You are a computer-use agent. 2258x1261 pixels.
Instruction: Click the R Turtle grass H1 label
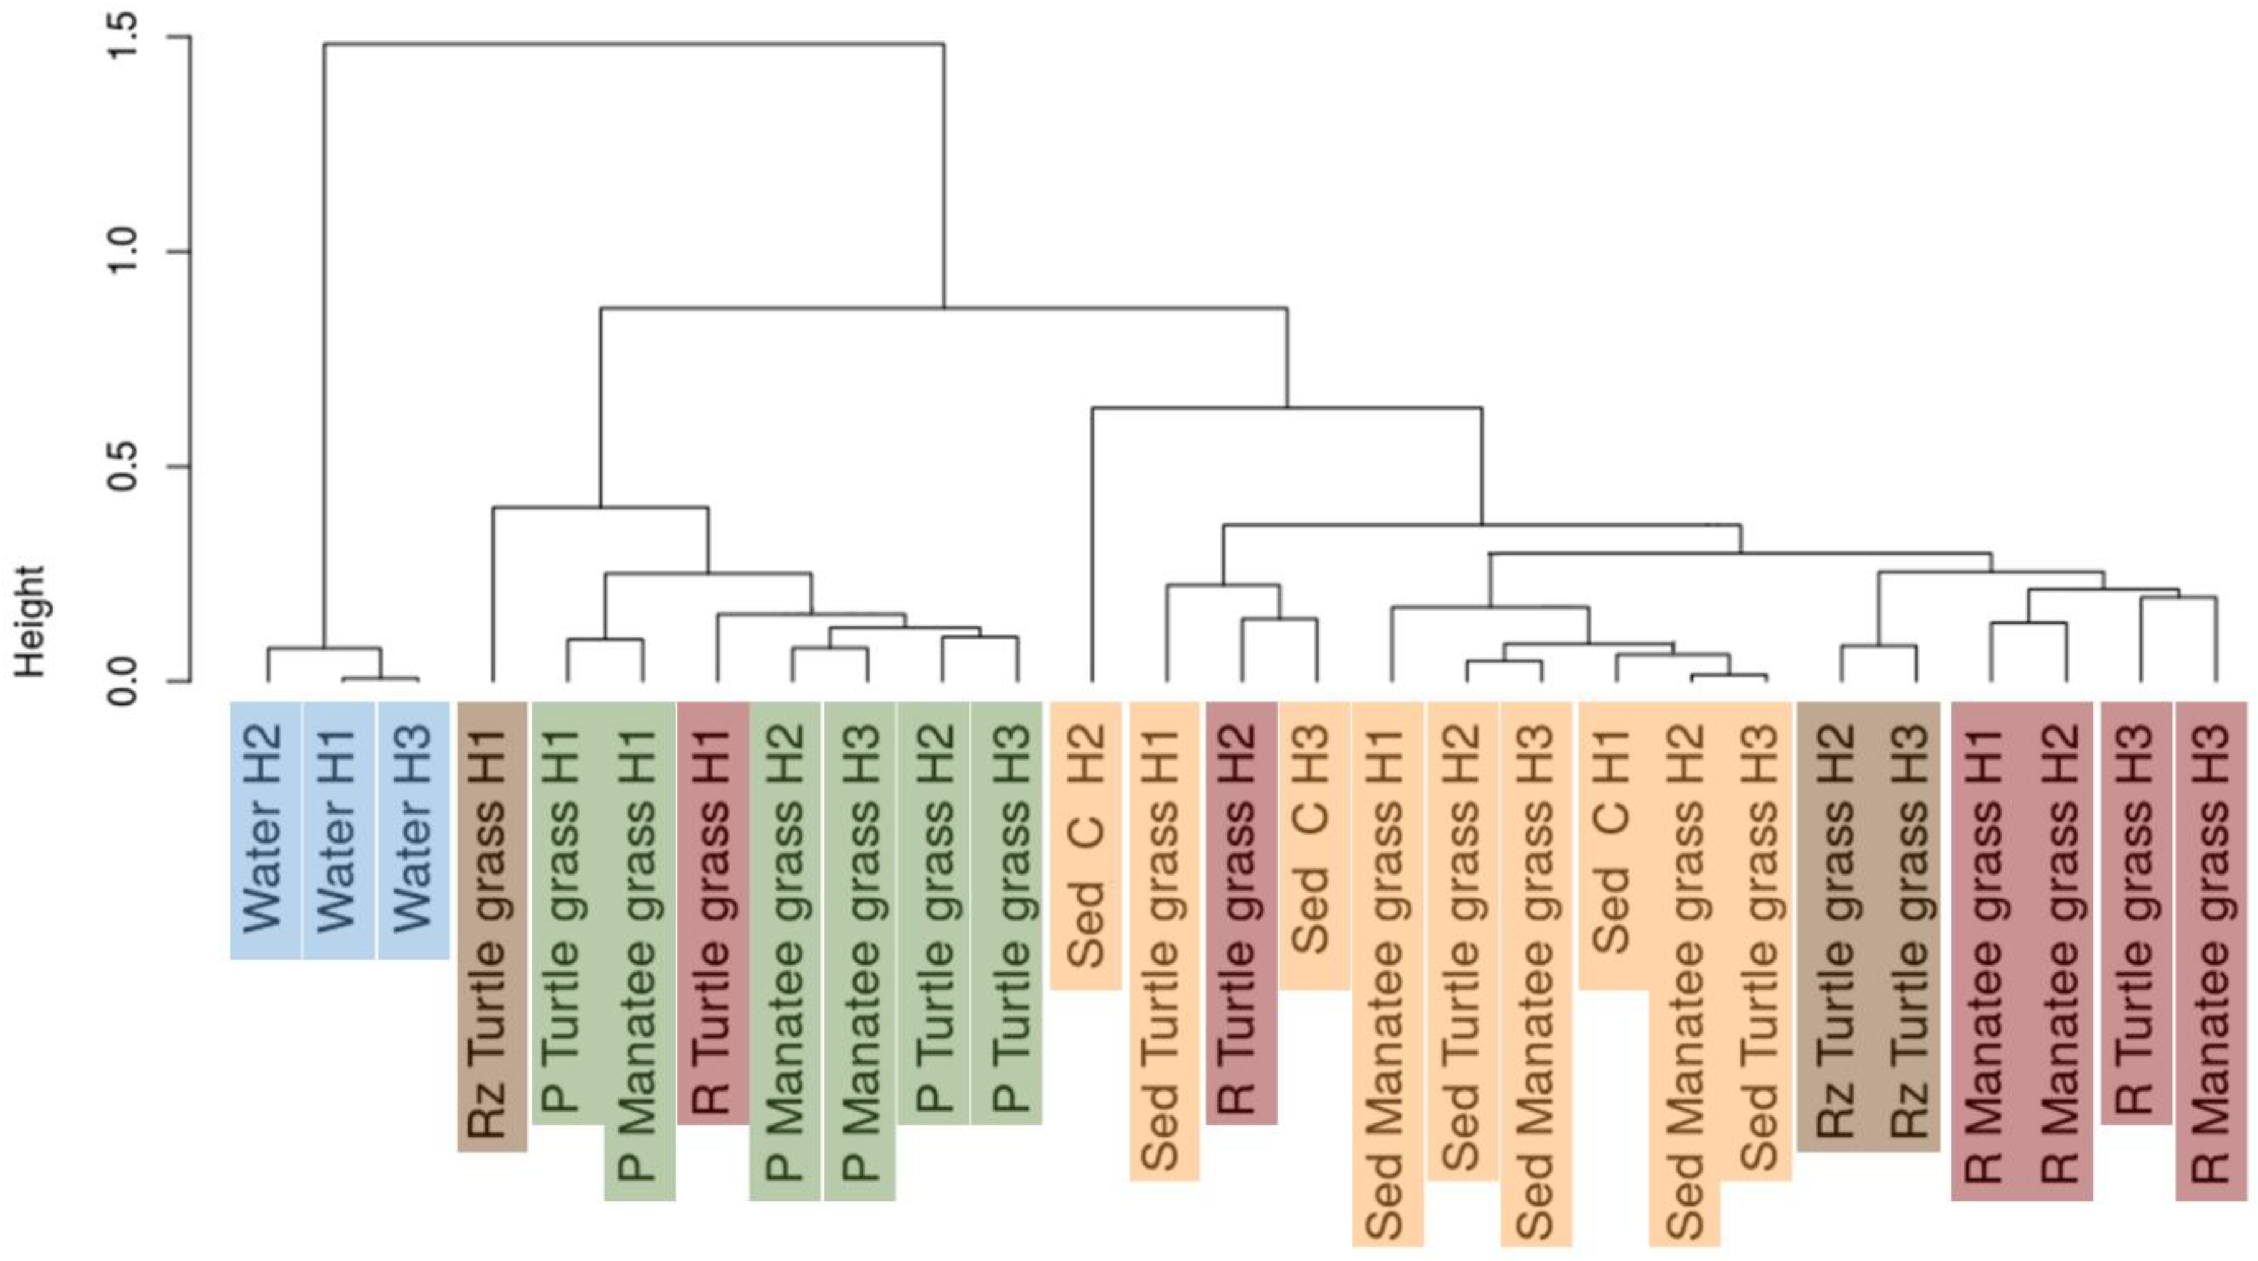(713, 912)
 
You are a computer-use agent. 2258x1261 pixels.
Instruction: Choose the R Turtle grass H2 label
(1241, 912)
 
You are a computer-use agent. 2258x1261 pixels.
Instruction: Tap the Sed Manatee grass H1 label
(1388, 973)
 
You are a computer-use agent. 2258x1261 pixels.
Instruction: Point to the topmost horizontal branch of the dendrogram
(634, 43)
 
